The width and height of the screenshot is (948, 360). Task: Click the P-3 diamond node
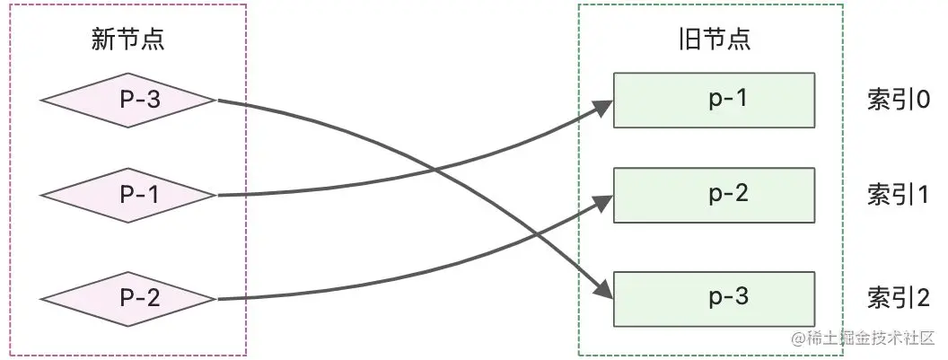tap(128, 101)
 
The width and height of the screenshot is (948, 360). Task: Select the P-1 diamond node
tap(128, 194)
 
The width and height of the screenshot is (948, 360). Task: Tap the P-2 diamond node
tap(128, 298)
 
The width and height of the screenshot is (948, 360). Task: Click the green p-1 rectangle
tap(714, 100)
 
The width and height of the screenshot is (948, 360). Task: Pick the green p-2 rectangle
tap(714, 194)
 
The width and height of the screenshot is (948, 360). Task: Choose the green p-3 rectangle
tap(714, 298)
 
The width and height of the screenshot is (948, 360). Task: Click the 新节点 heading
tap(128, 39)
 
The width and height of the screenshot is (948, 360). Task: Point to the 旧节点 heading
tap(714, 39)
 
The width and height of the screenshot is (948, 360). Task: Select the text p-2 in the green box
tap(728, 193)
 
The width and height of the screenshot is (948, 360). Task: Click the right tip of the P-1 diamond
tap(217, 194)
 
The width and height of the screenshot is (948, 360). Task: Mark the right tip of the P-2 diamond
tap(217, 298)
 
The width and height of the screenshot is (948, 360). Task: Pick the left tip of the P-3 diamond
tap(41, 101)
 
